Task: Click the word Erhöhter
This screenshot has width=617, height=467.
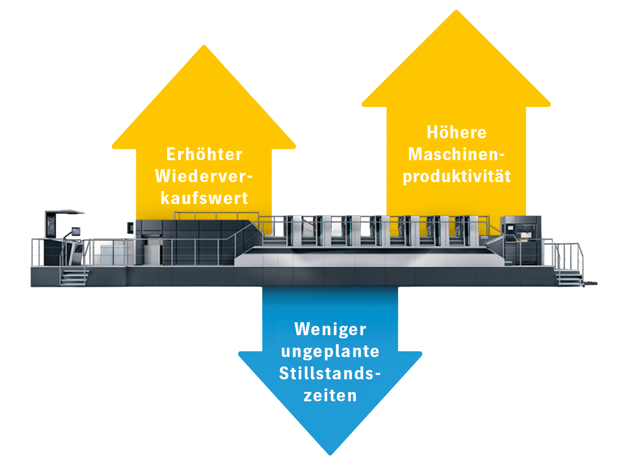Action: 204,154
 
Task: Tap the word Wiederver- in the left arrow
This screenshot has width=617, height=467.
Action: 204,176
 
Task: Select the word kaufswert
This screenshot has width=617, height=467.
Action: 204,198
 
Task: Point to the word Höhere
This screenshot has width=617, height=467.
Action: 457,133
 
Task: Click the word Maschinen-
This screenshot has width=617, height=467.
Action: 457,154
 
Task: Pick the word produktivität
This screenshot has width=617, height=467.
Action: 457,177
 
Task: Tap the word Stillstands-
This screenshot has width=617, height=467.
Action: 330,374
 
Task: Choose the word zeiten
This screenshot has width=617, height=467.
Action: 330,396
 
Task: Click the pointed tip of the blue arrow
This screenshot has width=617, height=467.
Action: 330,455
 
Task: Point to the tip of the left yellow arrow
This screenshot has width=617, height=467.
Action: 204,46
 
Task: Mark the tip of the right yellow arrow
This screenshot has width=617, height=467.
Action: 456,10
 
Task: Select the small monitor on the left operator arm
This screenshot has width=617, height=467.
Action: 76,231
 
